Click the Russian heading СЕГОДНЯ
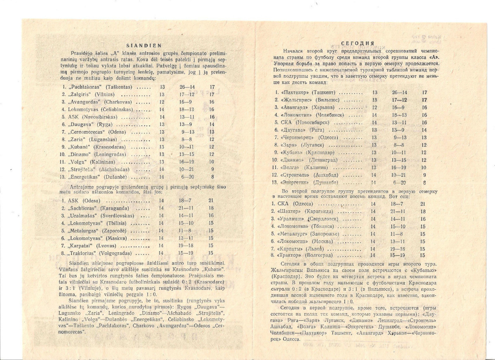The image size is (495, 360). click(358, 43)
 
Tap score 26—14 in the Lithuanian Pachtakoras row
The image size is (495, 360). click(187, 87)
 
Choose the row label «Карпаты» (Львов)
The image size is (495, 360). click(297, 249)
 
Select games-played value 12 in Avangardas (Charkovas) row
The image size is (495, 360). click(162, 102)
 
